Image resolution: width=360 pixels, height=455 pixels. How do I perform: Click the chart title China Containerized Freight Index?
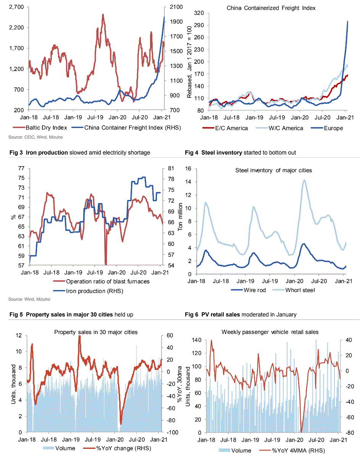tap(271, 8)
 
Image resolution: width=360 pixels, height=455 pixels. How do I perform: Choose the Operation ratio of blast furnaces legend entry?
tap(108, 282)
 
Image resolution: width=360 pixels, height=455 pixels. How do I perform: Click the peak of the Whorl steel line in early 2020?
tap(304, 180)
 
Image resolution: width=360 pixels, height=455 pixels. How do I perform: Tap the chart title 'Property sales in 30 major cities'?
tap(96, 332)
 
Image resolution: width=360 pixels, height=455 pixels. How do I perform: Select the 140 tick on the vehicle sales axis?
tap(199, 340)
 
